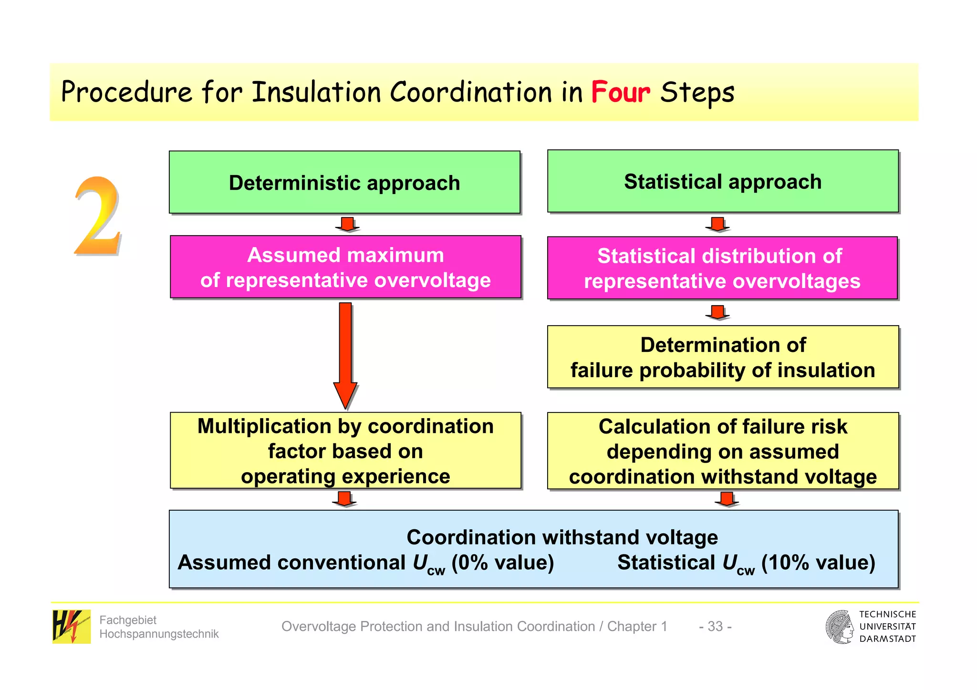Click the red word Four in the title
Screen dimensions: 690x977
tap(620, 92)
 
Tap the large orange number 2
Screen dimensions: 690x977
tap(97, 217)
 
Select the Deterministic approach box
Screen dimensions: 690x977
tap(344, 183)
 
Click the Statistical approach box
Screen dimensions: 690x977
tap(722, 182)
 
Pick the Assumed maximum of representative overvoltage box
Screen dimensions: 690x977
tap(345, 267)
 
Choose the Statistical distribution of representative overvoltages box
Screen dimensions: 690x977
tap(722, 268)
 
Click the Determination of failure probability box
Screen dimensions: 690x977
tap(722, 357)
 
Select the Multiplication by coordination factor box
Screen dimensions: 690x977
tap(345, 451)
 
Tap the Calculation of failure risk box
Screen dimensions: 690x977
tap(722, 451)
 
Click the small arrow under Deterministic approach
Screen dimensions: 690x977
tap(347, 224)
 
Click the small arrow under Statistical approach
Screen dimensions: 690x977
tap(717, 224)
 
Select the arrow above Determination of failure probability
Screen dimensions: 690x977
tap(717, 312)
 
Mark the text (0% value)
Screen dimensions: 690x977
tap(502, 563)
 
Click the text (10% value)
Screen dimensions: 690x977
tap(818, 563)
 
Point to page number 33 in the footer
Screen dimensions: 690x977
tap(715, 626)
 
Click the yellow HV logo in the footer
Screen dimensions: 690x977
tap(71, 626)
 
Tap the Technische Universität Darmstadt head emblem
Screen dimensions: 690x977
tap(840, 627)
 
